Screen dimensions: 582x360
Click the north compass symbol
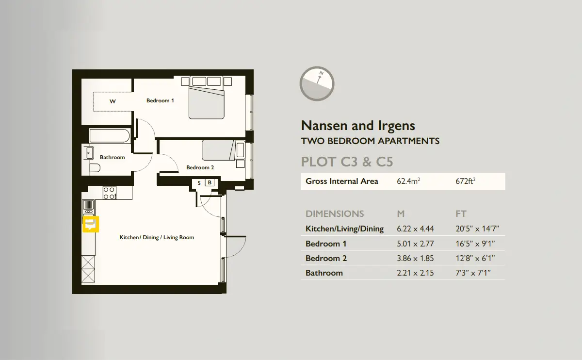(317, 83)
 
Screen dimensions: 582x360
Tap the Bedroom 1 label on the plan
(160, 100)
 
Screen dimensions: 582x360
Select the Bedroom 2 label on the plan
(200, 167)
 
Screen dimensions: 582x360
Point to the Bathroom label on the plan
(112, 157)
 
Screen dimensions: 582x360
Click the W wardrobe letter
(113, 101)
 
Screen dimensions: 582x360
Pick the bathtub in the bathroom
(110, 135)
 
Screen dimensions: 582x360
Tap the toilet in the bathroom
(95, 168)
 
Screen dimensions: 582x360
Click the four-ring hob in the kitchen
(110, 193)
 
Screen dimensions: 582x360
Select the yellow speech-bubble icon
(91, 224)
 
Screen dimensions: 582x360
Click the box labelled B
(210, 182)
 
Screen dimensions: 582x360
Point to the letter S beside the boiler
(199, 183)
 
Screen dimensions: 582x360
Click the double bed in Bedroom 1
(207, 98)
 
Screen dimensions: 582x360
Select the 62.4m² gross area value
(408, 181)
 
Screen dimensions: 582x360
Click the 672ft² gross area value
(465, 181)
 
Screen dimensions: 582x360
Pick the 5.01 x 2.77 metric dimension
(415, 244)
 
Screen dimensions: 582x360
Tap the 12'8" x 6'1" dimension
(475, 259)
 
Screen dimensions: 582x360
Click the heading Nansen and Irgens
(358, 126)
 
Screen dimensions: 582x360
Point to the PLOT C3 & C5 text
(347, 162)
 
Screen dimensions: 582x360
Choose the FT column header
(461, 213)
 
